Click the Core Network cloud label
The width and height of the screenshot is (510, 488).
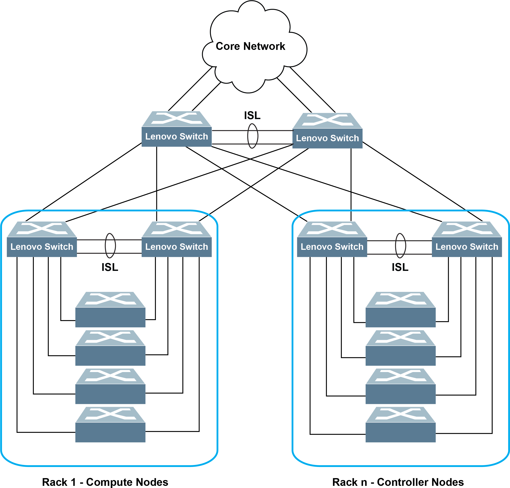[250, 46]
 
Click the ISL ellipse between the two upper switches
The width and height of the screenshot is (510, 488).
[252, 136]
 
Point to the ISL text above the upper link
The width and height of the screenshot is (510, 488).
[252, 115]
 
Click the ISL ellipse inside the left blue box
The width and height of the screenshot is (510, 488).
[110, 246]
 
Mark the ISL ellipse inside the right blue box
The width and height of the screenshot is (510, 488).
[401, 246]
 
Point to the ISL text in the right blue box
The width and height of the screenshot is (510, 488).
[400, 267]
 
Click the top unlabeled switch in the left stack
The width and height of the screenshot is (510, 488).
[110, 310]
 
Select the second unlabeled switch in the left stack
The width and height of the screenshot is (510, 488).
[110, 348]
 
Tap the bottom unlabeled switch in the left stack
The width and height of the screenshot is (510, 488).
[110, 425]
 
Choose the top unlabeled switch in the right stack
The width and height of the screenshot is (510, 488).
[401, 310]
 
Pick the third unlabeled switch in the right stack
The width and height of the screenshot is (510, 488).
[401, 386]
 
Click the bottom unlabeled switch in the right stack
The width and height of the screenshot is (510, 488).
[401, 425]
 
